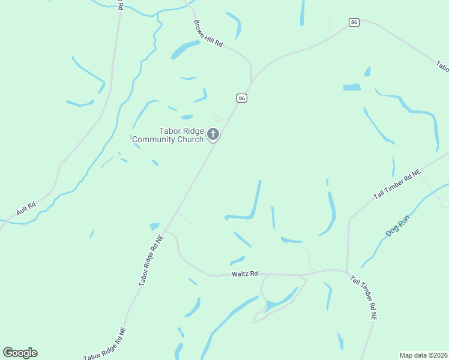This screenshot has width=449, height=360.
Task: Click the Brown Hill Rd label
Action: coord(208,35)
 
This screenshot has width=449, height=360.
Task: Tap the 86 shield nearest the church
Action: coord(242,98)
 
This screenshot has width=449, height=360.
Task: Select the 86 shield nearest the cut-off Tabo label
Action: coord(354,22)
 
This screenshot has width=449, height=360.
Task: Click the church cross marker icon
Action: coord(212,134)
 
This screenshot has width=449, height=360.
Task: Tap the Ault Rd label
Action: coord(26,209)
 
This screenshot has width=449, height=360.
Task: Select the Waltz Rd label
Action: coord(244,274)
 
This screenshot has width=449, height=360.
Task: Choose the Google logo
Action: coord(20,353)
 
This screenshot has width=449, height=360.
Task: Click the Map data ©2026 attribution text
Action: coord(424,355)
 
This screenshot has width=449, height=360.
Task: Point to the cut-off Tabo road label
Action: coord(442,65)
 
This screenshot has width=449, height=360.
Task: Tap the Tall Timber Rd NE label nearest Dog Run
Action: coord(397,185)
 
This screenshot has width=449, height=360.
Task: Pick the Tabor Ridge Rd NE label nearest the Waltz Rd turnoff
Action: coord(151,259)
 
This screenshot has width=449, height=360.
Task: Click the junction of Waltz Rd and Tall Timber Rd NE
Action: coord(348,271)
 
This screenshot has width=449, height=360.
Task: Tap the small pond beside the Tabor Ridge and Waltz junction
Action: coord(155,226)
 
